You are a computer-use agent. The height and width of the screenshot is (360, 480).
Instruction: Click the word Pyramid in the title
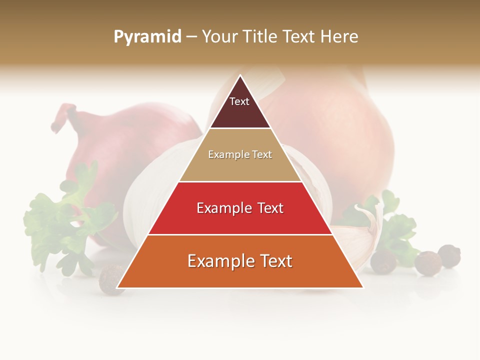click(147, 36)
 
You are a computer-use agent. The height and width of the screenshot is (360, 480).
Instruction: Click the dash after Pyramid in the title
click(191, 37)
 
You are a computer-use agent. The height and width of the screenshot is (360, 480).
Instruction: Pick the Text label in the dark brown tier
click(239, 101)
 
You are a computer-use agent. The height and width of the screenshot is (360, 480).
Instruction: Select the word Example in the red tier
click(219, 208)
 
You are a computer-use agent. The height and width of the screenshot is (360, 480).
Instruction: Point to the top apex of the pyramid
click(240, 76)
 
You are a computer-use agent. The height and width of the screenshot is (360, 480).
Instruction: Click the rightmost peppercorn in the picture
click(449, 255)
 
